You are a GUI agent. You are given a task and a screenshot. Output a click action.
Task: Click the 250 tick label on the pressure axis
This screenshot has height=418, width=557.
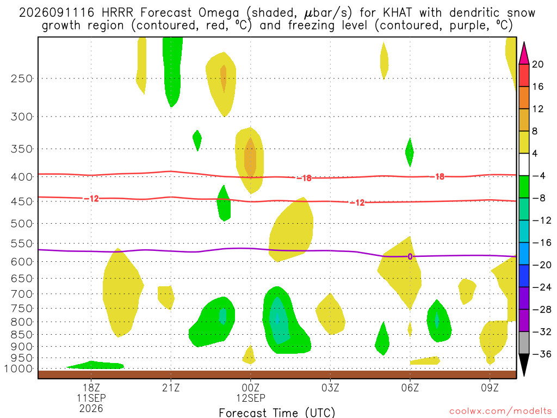(x=22, y=78)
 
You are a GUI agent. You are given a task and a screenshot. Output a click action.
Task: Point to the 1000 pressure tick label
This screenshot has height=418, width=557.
(x=18, y=369)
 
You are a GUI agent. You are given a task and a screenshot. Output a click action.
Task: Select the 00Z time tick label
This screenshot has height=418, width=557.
(x=251, y=388)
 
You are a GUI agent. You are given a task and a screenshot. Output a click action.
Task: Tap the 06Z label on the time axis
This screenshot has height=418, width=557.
(x=410, y=388)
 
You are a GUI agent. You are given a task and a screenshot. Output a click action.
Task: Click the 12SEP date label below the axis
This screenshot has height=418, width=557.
(x=251, y=398)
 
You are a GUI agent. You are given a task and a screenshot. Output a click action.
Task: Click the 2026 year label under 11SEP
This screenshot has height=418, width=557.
(x=91, y=409)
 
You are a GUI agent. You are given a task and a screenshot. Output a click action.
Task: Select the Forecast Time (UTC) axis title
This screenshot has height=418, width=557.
(x=277, y=413)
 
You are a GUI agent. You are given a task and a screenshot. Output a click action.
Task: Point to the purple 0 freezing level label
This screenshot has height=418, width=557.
(x=410, y=256)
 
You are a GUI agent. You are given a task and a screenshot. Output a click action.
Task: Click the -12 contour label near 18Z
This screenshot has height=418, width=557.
(x=91, y=199)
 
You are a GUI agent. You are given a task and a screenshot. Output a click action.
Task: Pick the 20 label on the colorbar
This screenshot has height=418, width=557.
(x=537, y=64)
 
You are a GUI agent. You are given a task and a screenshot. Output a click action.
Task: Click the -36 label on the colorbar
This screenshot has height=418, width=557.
(x=541, y=354)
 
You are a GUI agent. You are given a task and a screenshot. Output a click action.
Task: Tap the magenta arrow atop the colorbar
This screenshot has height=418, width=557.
(x=524, y=54)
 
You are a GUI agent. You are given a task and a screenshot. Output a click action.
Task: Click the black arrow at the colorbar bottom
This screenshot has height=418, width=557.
(x=524, y=364)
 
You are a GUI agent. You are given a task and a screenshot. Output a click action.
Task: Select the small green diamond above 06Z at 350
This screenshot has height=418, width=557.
(x=410, y=152)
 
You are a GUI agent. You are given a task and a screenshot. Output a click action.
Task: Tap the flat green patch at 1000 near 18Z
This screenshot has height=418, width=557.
(x=95, y=365)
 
